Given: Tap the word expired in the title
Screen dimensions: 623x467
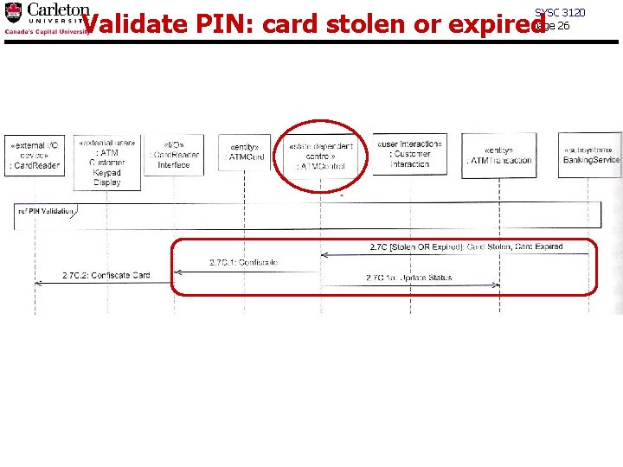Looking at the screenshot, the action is click(494, 25).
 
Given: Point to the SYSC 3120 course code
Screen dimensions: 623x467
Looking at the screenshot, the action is click(560, 12).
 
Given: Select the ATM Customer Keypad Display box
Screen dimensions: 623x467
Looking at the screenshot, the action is click(107, 162).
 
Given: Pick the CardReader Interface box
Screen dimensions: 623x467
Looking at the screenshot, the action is click(174, 155).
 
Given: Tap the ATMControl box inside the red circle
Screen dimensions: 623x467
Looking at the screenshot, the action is click(321, 157).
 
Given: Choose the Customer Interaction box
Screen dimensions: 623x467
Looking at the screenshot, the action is click(409, 153).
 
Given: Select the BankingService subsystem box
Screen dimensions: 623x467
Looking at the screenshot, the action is click(591, 154).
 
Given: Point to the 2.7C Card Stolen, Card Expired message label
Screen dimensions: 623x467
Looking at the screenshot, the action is click(466, 247).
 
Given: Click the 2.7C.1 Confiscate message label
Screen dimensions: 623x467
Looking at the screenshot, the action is click(243, 262).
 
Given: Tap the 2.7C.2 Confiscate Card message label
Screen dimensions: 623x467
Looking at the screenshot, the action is click(106, 276).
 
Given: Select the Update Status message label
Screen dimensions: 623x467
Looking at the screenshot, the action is click(408, 278).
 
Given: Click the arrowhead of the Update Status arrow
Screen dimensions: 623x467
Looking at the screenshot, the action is click(497, 284).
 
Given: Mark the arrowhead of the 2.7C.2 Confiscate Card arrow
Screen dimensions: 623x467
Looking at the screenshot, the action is click(38, 282).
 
